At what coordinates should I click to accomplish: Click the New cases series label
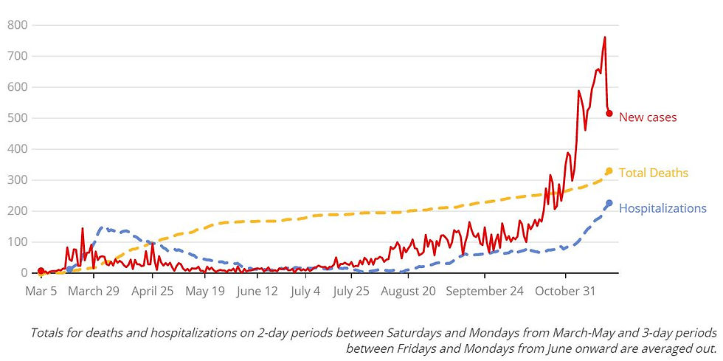(647, 117)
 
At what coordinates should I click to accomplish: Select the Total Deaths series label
(653, 173)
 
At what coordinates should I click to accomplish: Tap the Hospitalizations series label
(663, 209)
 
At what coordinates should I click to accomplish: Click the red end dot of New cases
(609, 113)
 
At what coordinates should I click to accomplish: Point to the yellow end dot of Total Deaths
(609, 171)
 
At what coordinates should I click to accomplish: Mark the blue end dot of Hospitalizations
(609, 203)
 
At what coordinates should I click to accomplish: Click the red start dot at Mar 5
(41, 271)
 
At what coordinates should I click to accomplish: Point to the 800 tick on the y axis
(17, 25)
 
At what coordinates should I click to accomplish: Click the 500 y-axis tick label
(17, 118)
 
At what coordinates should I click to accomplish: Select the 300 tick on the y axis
(17, 180)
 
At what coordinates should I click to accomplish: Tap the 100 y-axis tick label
(17, 242)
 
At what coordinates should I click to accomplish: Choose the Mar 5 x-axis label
(41, 292)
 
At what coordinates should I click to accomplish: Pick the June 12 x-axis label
(257, 292)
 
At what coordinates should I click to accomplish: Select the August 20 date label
(409, 292)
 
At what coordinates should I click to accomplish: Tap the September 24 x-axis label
(485, 292)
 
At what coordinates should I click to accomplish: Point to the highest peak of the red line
(605, 38)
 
